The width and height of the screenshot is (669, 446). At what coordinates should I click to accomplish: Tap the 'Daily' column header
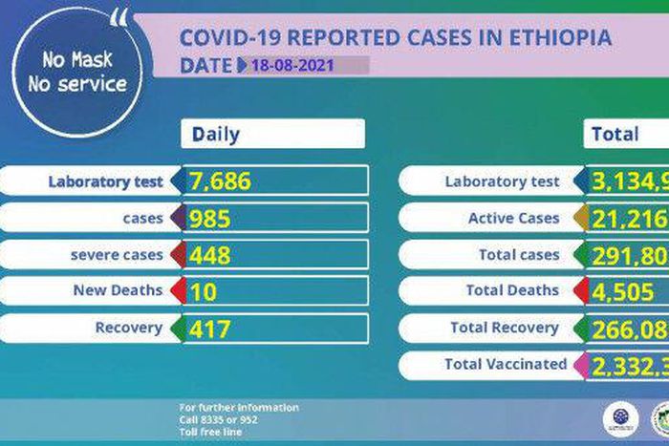216,134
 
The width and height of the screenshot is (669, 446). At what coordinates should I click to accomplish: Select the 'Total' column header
615,134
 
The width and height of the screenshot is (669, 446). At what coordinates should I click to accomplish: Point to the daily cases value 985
210,219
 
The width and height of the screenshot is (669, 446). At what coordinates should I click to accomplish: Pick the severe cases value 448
210,255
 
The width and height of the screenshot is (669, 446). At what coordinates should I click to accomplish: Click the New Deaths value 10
204,291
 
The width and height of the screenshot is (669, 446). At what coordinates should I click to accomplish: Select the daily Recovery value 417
209,329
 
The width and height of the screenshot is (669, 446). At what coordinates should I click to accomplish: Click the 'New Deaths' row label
119,291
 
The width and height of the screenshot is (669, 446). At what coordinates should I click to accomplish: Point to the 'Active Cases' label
513,219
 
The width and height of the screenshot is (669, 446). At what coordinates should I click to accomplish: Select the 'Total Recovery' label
505,328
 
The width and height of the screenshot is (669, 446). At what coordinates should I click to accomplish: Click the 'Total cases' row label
519,255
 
